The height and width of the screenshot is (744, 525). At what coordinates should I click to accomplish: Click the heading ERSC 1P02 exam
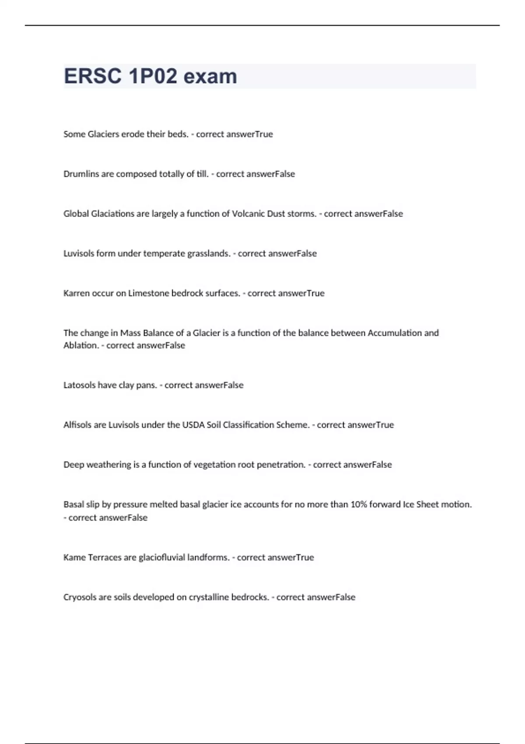[x=150, y=76]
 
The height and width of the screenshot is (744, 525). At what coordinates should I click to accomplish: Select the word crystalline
[x=209, y=597]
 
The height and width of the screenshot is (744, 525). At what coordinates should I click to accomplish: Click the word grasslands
[x=208, y=253]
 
